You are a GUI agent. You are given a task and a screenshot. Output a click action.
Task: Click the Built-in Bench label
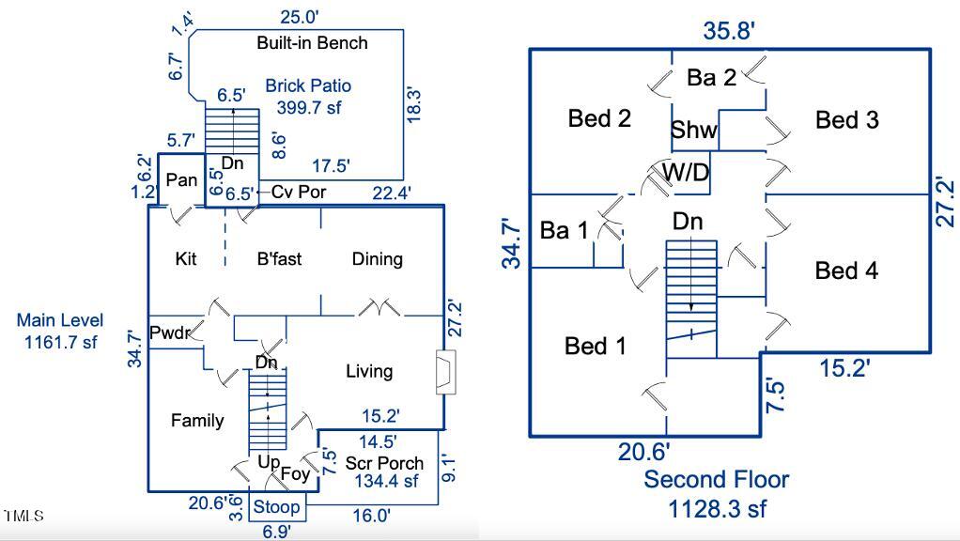tap(312, 43)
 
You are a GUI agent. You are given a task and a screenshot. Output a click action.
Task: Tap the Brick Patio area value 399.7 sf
tap(308, 108)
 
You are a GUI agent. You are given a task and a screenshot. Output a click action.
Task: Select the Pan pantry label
tap(181, 178)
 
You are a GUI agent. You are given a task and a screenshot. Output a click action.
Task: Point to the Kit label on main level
tap(186, 259)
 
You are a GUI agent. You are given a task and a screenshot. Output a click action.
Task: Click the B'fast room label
tap(279, 259)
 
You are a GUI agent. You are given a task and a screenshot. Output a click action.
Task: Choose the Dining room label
tap(377, 259)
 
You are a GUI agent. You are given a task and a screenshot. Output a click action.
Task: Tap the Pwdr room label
tap(170, 333)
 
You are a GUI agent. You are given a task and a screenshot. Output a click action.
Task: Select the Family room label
tap(197, 421)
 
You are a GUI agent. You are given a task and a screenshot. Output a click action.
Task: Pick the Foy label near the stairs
tap(295, 474)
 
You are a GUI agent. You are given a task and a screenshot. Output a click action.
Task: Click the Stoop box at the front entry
tap(278, 507)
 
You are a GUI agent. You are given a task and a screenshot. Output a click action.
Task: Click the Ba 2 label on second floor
tap(711, 78)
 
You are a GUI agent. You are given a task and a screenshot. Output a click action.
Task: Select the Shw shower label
tap(694, 131)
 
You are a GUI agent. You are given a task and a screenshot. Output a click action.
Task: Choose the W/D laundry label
tap(686, 173)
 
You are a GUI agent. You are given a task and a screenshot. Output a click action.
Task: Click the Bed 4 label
tap(846, 271)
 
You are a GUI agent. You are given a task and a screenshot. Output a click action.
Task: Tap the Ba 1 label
tap(563, 230)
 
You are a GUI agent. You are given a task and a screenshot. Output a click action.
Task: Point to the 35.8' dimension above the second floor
tap(729, 31)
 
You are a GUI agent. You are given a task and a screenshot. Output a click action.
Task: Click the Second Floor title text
tap(716, 480)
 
